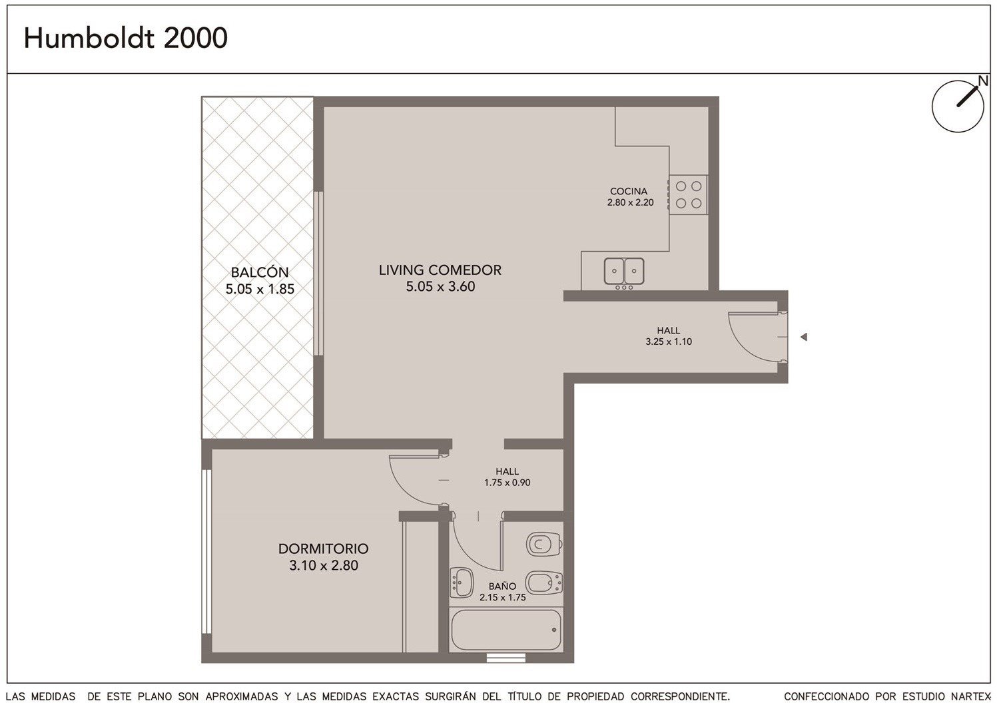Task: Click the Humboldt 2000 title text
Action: point(125,38)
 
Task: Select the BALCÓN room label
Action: point(260,272)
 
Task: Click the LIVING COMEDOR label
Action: point(440,270)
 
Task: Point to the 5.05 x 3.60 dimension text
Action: point(440,286)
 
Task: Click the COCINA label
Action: point(629,191)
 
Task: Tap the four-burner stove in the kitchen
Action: point(688,195)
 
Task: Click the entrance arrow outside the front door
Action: point(803,337)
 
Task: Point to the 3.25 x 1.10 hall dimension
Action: point(669,342)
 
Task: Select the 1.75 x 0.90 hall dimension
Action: point(507,482)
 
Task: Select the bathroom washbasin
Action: point(462,583)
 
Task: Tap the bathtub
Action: point(506,630)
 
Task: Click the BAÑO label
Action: point(503,586)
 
